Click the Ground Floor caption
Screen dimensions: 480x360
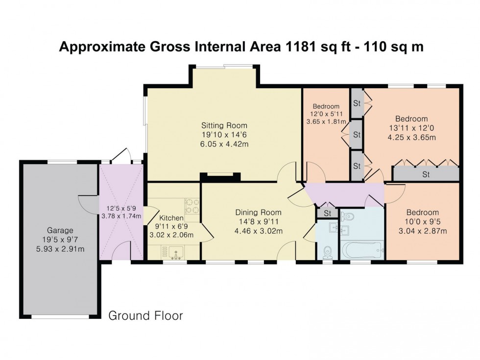[146, 315]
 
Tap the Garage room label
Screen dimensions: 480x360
[60, 230]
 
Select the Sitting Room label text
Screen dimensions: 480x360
[224, 125]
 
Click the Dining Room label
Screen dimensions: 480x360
[259, 213]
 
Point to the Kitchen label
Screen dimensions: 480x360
[171, 218]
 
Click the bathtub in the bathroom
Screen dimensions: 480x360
[362, 251]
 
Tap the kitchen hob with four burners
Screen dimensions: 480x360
[192, 206]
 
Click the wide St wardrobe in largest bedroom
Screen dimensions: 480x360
[426, 174]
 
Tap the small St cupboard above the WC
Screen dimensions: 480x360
[328, 213]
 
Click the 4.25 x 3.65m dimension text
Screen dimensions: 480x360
[412, 138]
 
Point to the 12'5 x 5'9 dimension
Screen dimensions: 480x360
[121, 209]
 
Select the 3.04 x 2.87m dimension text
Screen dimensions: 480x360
[422, 231]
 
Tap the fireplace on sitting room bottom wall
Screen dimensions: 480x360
[220, 177]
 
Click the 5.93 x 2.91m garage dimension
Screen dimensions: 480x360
[60, 249]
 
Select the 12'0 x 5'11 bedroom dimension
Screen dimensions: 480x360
[326, 114]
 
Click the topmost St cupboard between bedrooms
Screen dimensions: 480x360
[357, 103]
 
